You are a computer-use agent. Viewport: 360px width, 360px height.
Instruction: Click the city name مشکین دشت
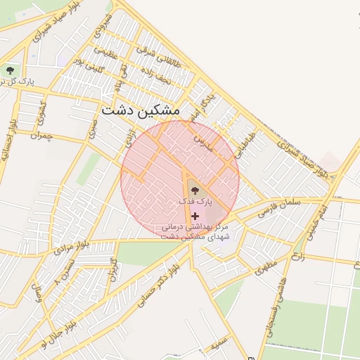point(141,110)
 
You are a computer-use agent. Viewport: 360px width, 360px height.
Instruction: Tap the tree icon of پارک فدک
point(193,189)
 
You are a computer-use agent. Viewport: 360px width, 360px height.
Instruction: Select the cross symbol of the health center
point(195,216)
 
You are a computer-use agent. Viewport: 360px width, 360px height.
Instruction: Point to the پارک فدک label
point(195,202)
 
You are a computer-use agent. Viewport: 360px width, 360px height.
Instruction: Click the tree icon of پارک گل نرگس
point(10,70)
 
